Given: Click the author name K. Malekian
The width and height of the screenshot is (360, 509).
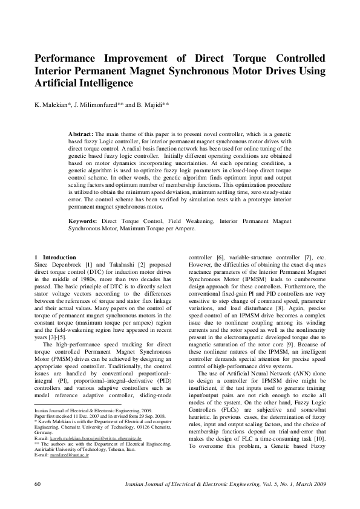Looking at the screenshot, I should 52,104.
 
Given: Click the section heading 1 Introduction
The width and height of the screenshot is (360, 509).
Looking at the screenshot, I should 56,257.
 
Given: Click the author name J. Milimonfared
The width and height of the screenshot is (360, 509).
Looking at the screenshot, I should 98,104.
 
